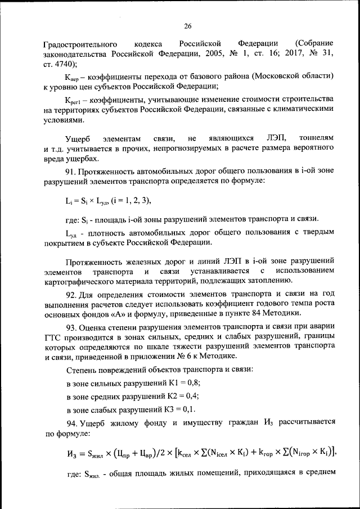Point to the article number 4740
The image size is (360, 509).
[65, 64]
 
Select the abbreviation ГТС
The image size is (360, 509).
[52, 339]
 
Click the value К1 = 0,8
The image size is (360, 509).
[184, 382]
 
